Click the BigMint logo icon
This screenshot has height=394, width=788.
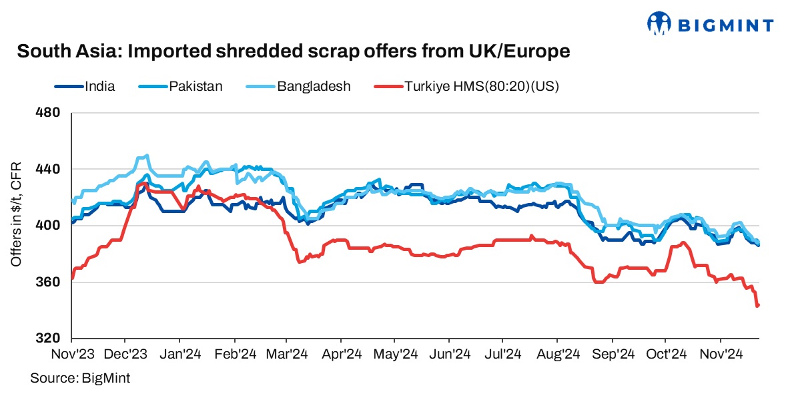(x=659, y=24)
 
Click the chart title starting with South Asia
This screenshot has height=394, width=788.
(x=294, y=51)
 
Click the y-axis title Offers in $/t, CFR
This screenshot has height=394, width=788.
(x=16, y=214)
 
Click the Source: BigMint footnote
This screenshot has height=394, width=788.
(x=80, y=379)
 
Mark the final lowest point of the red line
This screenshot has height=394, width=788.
(x=757, y=306)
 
